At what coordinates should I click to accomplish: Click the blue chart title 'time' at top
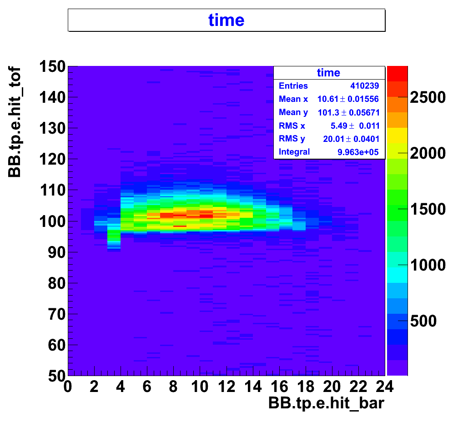[x=226, y=20]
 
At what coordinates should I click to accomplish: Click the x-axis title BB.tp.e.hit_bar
[x=326, y=403]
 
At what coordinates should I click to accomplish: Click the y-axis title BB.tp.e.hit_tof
[x=15, y=121]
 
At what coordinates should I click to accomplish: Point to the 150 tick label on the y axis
[x=52, y=66]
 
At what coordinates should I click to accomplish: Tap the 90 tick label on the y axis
[x=56, y=252]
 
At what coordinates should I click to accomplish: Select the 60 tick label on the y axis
[x=56, y=345]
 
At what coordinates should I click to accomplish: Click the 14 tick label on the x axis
[x=253, y=387]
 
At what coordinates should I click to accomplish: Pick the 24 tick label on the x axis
[x=384, y=387]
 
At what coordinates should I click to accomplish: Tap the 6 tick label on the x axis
[x=147, y=387]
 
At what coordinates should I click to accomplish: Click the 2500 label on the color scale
[x=428, y=97]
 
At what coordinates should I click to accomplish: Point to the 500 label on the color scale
[x=423, y=321]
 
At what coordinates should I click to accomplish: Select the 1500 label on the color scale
[x=428, y=209]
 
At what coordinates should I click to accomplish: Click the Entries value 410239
[x=365, y=86]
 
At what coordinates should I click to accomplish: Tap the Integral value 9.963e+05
[x=358, y=152]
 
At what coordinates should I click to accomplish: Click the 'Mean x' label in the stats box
[x=293, y=99]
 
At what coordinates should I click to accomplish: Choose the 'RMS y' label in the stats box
[x=292, y=139]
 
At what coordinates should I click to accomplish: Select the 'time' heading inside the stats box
[x=328, y=72]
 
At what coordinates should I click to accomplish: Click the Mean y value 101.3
[x=328, y=112]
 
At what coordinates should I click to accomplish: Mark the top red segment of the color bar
[x=397, y=74]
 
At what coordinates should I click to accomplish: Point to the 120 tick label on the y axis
[x=52, y=160]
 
